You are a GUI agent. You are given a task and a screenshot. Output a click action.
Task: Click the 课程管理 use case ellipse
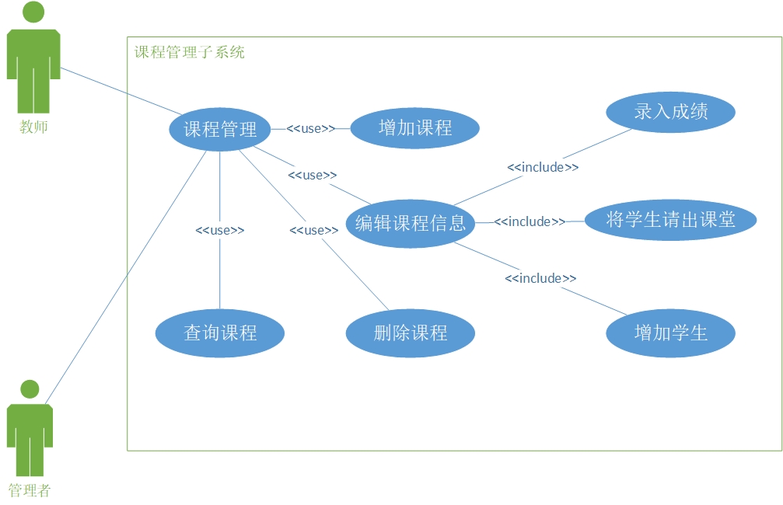click(220, 129)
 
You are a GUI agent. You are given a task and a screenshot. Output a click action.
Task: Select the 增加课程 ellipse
click(414, 127)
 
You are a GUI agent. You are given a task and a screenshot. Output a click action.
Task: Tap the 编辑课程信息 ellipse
click(410, 224)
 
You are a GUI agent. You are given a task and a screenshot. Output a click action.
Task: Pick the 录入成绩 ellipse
click(670, 112)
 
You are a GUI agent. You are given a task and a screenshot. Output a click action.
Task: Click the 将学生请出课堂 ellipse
click(670, 220)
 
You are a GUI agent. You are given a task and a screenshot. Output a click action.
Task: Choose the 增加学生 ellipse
click(670, 334)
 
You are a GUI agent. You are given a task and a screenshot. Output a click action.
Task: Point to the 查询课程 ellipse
click(220, 334)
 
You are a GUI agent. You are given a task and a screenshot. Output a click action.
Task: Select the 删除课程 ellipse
click(410, 334)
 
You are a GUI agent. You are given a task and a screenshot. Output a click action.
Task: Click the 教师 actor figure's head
click(33, 12)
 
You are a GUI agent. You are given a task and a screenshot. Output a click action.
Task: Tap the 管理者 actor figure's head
click(30, 388)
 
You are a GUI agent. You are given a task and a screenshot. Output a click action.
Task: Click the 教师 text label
click(33, 127)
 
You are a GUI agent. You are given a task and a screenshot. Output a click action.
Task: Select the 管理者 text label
click(30, 491)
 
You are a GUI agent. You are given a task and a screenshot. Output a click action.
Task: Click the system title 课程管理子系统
click(190, 53)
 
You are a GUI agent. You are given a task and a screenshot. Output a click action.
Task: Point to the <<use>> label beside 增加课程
click(311, 129)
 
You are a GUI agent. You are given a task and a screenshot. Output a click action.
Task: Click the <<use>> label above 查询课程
click(220, 231)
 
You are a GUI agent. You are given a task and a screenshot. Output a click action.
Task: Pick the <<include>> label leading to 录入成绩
click(543, 167)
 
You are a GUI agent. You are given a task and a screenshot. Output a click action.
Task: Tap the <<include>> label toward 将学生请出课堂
click(530, 222)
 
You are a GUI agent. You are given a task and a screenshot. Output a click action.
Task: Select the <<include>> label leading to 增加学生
click(540, 278)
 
